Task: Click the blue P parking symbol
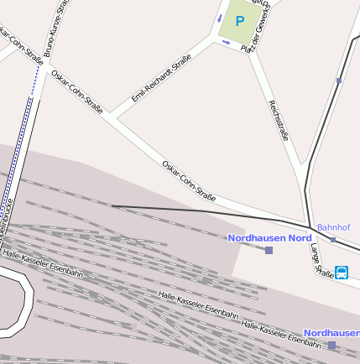tap(240, 21)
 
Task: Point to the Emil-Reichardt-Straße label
tap(161, 79)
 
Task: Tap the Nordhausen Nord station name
tap(269, 238)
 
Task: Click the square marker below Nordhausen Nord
tap(269, 250)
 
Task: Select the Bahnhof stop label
tap(333, 227)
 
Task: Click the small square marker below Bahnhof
tap(332, 239)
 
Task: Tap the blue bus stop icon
tap(342, 272)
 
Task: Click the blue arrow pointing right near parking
tap(226, 42)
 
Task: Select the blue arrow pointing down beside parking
tap(220, 18)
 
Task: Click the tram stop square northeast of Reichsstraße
tap(338, 81)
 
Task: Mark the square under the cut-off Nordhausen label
tap(331, 345)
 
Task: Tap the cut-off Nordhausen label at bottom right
tap(331, 333)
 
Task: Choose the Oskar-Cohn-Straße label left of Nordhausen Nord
tap(189, 179)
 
